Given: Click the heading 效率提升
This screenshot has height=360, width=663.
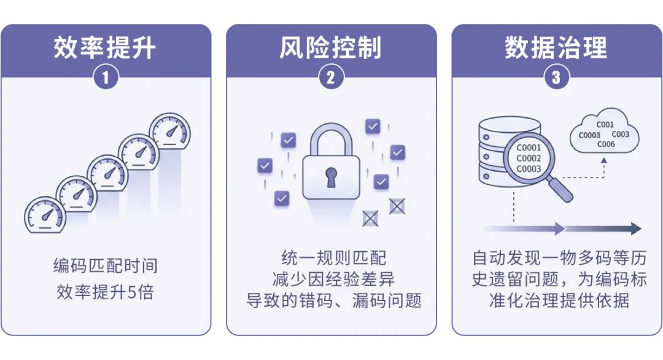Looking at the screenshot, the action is pyautogui.click(x=105, y=47).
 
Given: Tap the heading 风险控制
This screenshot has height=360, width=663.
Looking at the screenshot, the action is pyautogui.click(x=331, y=47).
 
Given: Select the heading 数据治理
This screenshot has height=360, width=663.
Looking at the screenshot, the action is pyautogui.click(x=556, y=47).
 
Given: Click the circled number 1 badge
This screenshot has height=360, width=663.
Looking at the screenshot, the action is pyautogui.click(x=106, y=77).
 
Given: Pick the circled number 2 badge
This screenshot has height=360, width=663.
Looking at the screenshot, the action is pyautogui.click(x=331, y=77).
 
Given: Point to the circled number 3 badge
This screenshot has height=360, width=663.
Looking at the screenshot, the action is pyautogui.click(x=556, y=77).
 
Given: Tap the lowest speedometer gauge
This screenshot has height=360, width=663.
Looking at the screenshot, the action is pyautogui.click(x=45, y=214).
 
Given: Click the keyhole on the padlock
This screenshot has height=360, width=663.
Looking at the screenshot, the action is pyautogui.click(x=331, y=177).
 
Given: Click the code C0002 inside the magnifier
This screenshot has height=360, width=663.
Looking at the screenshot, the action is pyautogui.click(x=529, y=158).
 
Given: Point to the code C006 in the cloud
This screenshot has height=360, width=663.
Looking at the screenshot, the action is pyautogui.click(x=606, y=144).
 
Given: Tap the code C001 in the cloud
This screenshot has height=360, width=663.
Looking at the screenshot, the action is pyautogui.click(x=605, y=124).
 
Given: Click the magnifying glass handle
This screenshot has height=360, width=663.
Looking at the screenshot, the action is pyautogui.click(x=560, y=190).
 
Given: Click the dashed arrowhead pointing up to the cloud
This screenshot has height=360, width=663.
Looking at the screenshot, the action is pyautogui.click(x=604, y=161).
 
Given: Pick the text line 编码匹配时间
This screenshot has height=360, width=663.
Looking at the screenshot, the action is pyautogui.click(x=106, y=266).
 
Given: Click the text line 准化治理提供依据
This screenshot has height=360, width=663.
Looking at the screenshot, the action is pyautogui.click(x=559, y=300).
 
